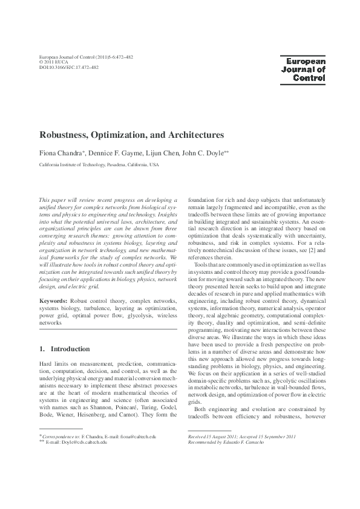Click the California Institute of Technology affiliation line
[x=99, y=164]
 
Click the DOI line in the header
[x=68, y=67]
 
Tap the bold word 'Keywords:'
[x=53, y=300]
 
